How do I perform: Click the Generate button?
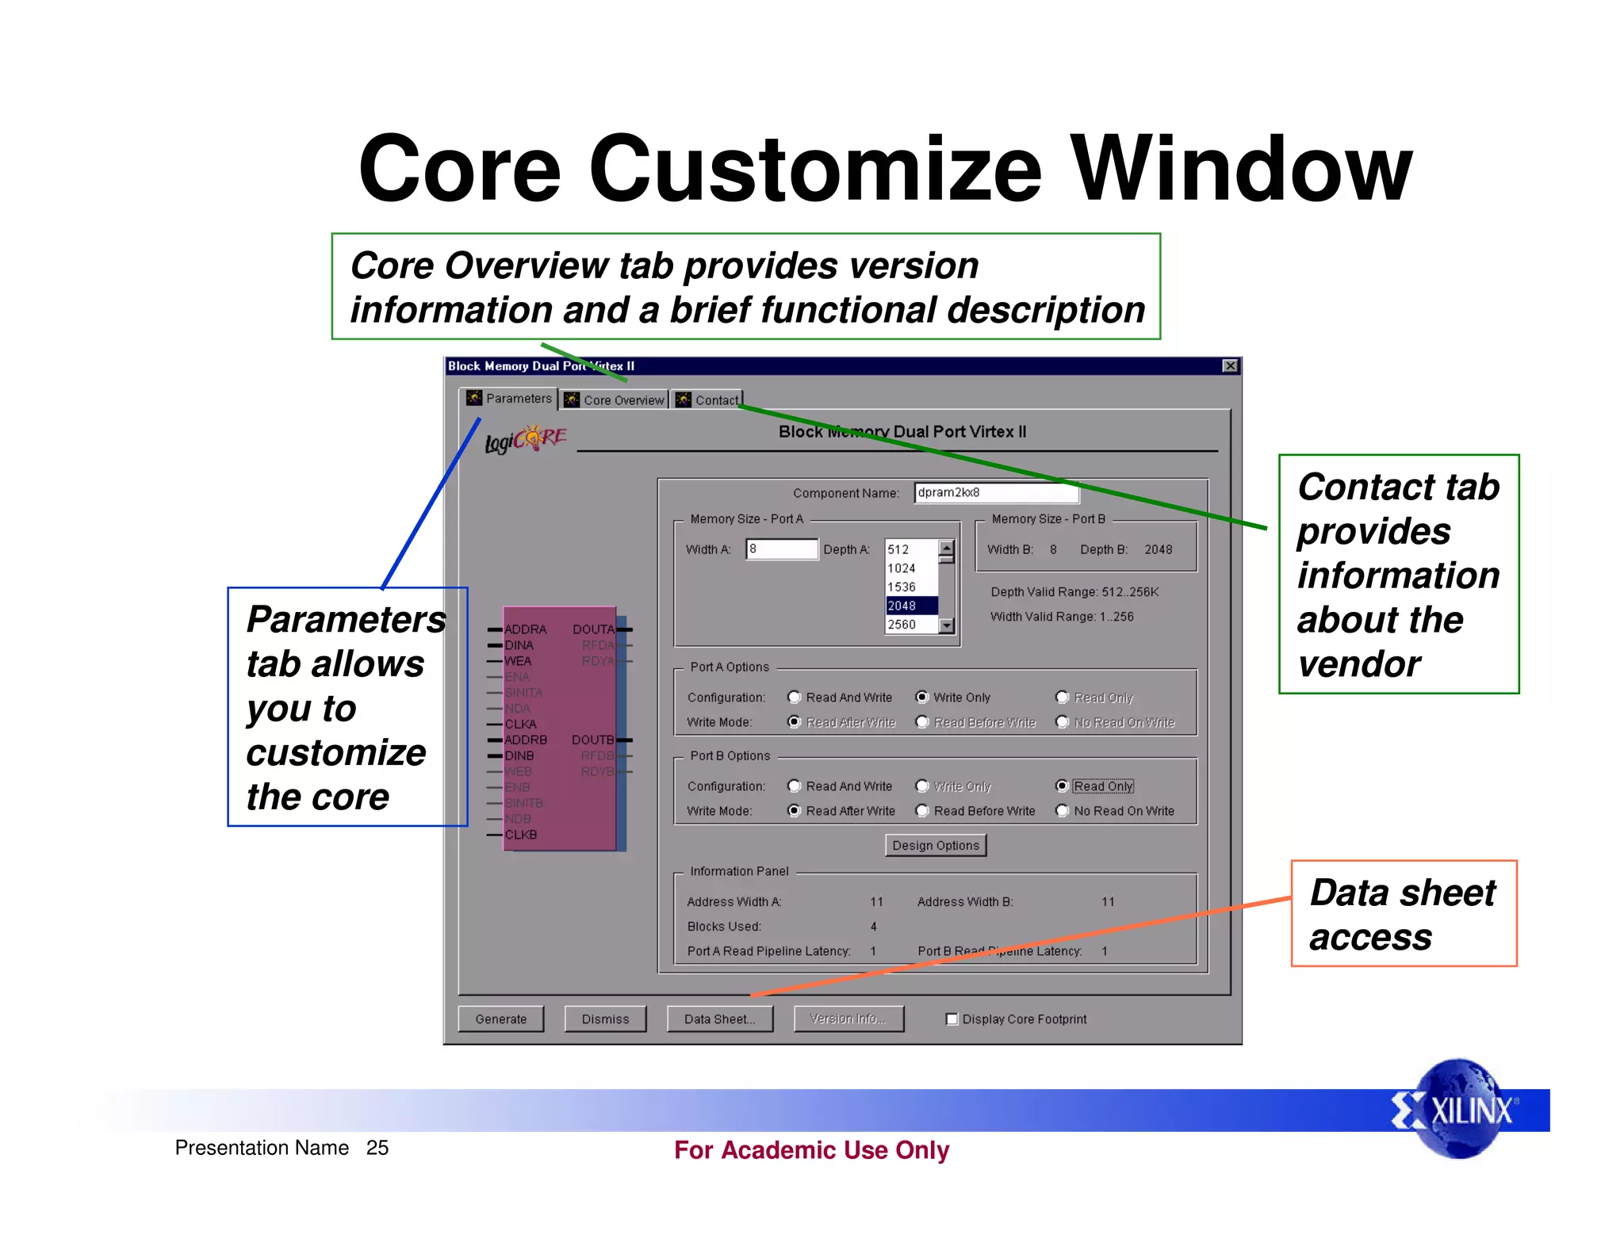pyautogui.click(x=500, y=1019)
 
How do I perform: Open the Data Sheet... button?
pyautogui.click(x=719, y=1019)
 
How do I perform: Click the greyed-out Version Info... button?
pyautogui.click(x=848, y=1019)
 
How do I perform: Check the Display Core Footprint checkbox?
pyautogui.click(x=952, y=1019)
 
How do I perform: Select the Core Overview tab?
pyautogui.click(x=615, y=400)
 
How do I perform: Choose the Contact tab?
pyautogui.click(x=707, y=400)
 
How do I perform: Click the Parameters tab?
pyautogui.click(x=509, y=398)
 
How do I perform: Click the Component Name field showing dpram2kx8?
pyautogui.click(x=995, y=492)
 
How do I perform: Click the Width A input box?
pyautogui.click(x=781, y=549)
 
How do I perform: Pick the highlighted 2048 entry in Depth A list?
pyautogui.click(x=910, y=606)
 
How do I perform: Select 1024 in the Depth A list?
pyautogui.click(x=910, y=568)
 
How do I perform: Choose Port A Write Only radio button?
pyautogui.click(x=922, y=698)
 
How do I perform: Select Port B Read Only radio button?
pyautogui.click(x=1063, y=786)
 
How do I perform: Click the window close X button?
pyautogui.click(x=1230, y=365)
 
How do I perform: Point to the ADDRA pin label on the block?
pyautogui.click(x=525, y=629)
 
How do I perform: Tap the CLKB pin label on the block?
pyautogui.click(x=521, y=835)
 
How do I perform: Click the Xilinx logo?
pyautogui.click(x=1457, y=1110)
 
